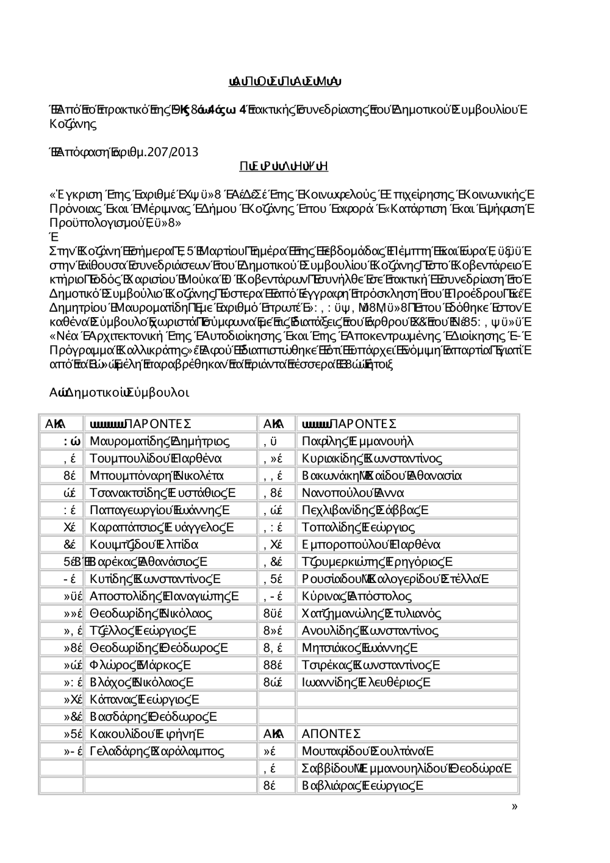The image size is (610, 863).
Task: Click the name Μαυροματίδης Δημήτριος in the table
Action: click(159, 441)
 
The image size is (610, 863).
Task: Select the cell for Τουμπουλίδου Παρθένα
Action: click(156, 458)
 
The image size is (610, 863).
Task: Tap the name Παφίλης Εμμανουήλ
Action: click(357, 441)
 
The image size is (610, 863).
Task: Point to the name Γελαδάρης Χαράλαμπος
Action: click(157, 751)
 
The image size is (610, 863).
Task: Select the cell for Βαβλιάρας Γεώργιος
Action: click(362, 786)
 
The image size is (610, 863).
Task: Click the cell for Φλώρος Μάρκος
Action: click(140, 665)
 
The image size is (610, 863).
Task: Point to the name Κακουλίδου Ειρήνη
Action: click(146, 733)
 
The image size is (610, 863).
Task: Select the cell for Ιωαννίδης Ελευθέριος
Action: click(366, 682)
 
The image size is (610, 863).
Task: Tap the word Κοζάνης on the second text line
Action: click(73, 124)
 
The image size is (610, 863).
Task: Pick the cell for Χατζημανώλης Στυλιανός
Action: click(371, 613)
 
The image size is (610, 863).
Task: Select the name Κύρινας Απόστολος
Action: click(357, 596)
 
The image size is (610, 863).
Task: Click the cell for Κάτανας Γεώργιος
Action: click(144, 699)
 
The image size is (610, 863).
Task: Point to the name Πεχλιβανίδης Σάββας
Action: click(365, 510)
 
